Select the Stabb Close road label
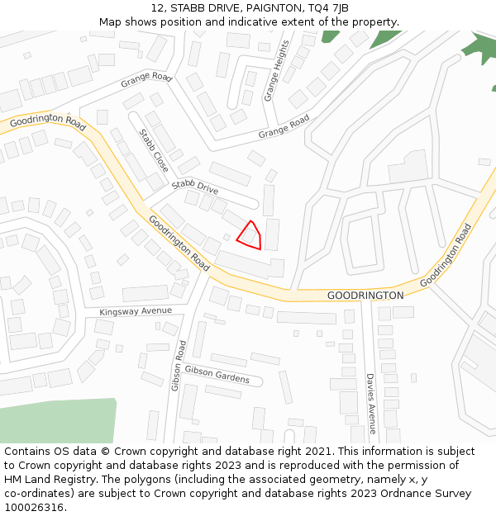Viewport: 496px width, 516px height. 153,150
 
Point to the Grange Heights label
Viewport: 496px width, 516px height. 277,71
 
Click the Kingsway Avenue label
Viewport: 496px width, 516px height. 136,311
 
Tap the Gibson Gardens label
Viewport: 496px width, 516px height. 217,374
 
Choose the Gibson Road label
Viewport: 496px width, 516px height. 177,365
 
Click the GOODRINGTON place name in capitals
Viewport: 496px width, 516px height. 365,296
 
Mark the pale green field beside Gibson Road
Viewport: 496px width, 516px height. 58,421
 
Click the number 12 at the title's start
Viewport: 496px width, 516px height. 157,8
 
